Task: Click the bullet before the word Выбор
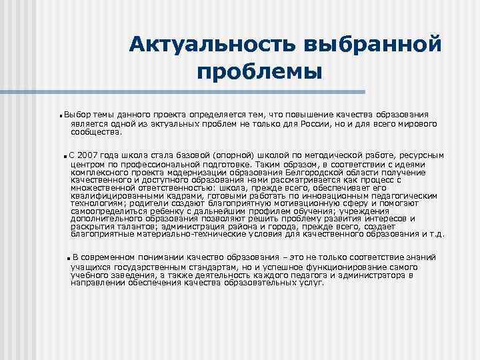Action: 61,116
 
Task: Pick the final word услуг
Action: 311,283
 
